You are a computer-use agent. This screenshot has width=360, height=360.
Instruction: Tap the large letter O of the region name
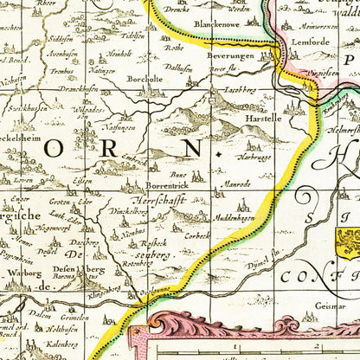51,148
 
